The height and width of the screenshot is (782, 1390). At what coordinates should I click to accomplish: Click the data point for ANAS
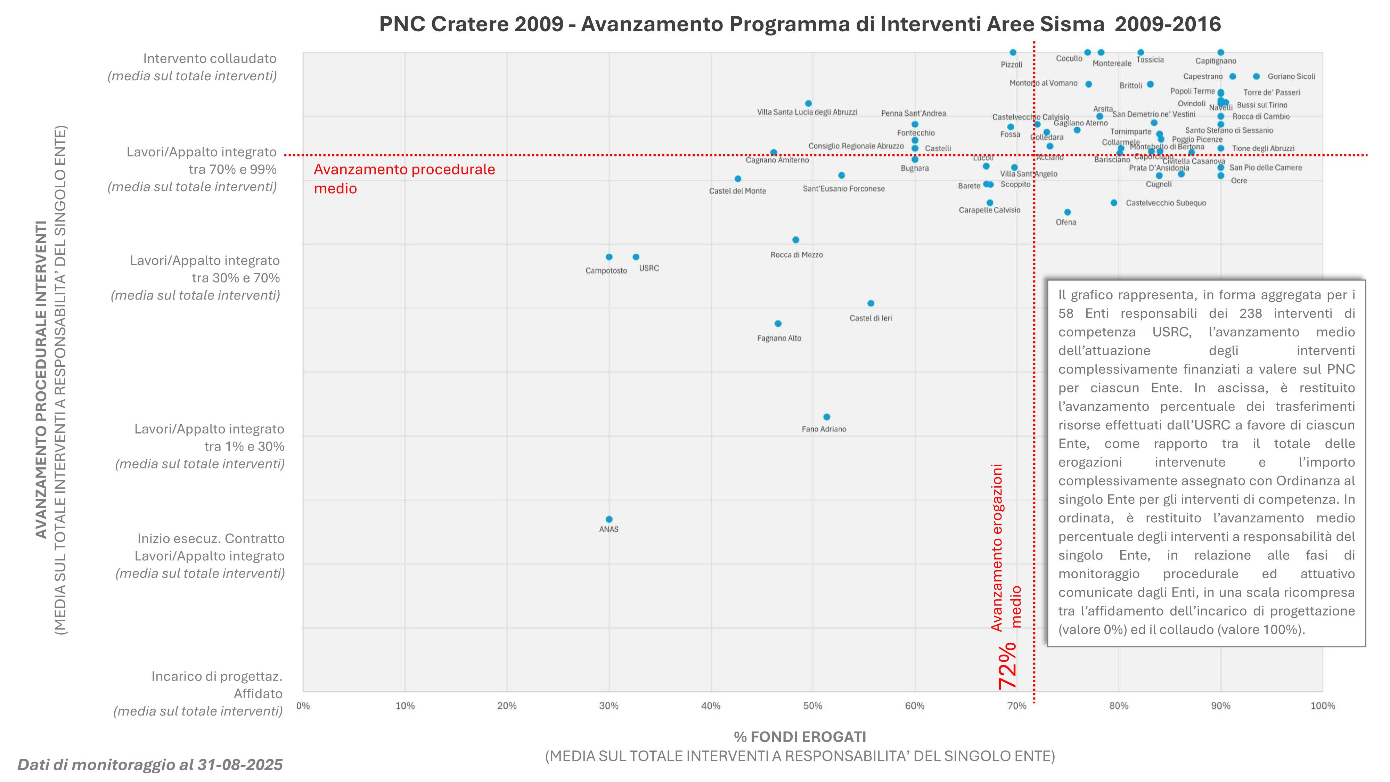pos(609,519)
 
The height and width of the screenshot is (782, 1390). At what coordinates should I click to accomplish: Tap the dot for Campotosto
pos(609,257)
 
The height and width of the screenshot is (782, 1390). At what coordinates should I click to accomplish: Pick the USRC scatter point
pos(636,257)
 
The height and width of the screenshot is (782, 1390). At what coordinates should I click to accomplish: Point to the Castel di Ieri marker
pos(871,303)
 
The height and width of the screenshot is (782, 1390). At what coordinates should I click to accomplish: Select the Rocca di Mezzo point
pos(796,239)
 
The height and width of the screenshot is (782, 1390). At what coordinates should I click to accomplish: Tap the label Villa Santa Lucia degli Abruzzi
pos(807,112)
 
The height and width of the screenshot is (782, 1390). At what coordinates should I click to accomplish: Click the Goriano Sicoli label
pos(1291,76)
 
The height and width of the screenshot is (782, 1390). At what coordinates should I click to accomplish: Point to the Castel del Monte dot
pos(738,179)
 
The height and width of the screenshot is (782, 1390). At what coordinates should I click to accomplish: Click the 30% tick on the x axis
pos(609,706)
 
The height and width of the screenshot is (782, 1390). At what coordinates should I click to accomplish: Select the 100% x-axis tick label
pos(1323,706)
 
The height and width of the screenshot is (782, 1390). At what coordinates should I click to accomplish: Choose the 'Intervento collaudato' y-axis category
pos(209,59)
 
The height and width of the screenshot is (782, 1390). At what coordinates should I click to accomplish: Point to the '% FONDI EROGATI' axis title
pos(800,737)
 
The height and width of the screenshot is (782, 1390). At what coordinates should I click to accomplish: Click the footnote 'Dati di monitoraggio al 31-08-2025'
pos(150,765)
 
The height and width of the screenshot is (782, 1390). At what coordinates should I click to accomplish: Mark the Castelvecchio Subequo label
pos(1166,203)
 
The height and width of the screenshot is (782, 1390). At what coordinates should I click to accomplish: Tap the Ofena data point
pos(1067,212)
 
